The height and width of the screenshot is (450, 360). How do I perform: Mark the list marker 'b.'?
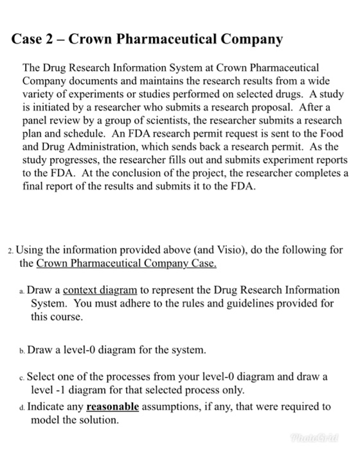point(24,351)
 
